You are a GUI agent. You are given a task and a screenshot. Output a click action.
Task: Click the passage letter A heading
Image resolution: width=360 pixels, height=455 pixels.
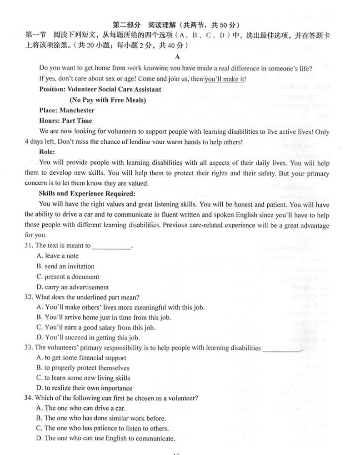click(177, 57)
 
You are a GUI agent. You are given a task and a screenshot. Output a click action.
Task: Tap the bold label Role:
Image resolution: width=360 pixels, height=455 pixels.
click(47, 152)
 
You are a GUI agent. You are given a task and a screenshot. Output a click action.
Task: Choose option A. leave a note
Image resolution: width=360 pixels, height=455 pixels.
click(57, 256)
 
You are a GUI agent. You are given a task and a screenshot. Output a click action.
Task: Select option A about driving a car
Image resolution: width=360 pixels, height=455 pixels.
click(80, 408)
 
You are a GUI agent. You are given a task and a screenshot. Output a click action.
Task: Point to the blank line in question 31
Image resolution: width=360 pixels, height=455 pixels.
click(111, 247)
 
